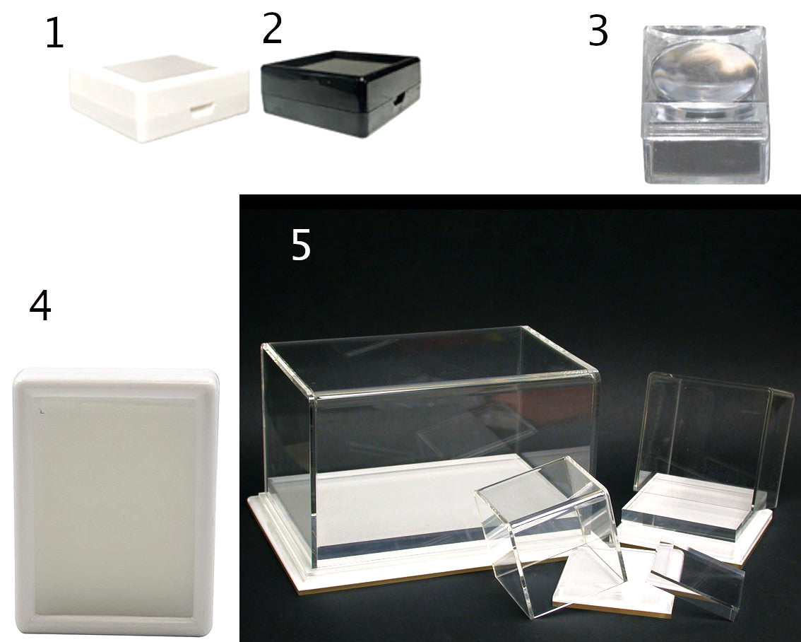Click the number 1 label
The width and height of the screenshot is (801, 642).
(55, 34)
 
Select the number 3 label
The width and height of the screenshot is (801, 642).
(598, 30)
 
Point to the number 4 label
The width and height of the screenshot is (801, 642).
(40, 305)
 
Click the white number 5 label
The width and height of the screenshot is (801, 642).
(301, 245)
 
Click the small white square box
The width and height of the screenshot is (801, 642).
(159, 98)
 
